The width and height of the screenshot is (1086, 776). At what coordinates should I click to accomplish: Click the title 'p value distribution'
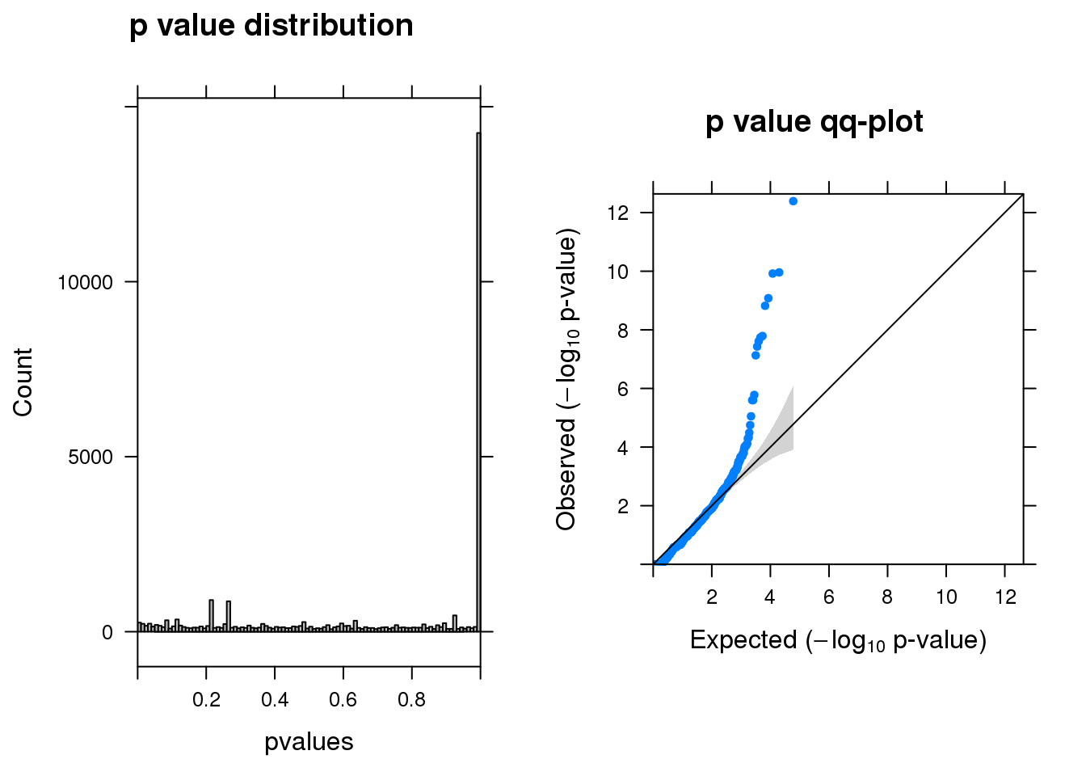coord(271,27)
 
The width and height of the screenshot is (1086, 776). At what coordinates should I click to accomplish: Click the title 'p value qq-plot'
coord(814,122)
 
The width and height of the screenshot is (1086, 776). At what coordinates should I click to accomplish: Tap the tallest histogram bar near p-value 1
coord(478,380)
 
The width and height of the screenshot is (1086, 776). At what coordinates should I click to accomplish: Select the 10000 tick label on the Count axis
coord(85,282)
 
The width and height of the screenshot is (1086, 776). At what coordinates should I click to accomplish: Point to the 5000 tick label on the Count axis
coord(90,458)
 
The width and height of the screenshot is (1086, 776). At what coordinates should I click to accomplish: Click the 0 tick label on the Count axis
coord(107,633)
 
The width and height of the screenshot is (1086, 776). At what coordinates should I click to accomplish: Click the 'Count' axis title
coord(23,382)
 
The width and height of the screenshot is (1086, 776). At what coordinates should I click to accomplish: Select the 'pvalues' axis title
coord(309,742)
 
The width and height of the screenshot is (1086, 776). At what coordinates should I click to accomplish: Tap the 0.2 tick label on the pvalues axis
coord(206,700)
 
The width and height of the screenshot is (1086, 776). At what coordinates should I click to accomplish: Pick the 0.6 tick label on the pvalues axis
coord(343,700)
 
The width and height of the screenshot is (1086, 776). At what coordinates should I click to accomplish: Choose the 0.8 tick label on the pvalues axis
coord(411,700)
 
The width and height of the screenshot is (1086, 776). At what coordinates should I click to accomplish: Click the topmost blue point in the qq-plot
coord(793,201)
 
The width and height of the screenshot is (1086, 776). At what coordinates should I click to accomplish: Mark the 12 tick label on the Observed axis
coord(618,213)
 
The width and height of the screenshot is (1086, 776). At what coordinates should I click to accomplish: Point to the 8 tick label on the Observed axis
coord(622,330)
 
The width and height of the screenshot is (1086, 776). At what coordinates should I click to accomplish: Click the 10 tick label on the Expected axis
coord(946,597)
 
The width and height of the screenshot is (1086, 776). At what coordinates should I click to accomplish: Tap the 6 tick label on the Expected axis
coord(829,597)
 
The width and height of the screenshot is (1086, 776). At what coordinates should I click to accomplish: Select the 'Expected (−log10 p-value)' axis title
coord(838,640)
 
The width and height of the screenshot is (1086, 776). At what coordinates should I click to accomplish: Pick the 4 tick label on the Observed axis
coord(622,448)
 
